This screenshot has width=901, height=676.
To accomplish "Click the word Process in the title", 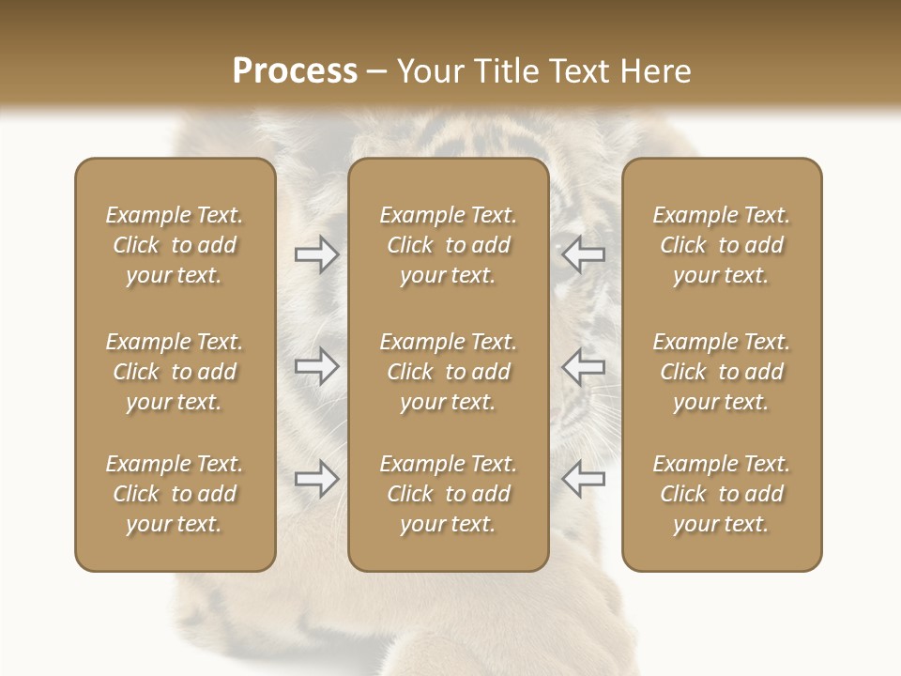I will [295, 71].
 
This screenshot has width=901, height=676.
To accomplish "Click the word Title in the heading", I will [508, 71].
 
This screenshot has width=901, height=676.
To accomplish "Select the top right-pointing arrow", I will [316, 254].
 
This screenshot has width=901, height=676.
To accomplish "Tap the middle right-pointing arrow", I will [316, 366].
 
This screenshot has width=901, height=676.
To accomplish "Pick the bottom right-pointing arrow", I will [316, 479].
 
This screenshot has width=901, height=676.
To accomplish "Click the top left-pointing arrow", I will [584, 254].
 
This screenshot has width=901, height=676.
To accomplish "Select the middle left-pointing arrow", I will [584, 366].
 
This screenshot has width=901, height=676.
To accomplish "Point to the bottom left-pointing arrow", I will [584, 479].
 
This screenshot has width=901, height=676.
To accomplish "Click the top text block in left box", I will [175, 245].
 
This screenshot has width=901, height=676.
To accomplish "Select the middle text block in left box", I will [175, 372].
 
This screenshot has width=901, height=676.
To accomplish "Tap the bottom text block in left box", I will [175, 494].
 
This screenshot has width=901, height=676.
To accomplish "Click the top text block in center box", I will [448, 245].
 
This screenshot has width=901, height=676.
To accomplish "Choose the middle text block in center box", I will [448, 372].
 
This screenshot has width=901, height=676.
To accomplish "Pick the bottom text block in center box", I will [448, 494].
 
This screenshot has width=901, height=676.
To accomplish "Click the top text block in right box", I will [721, 245].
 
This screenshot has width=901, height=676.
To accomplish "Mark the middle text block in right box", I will [721, 372].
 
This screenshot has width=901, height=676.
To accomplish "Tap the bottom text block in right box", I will [721, 494].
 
